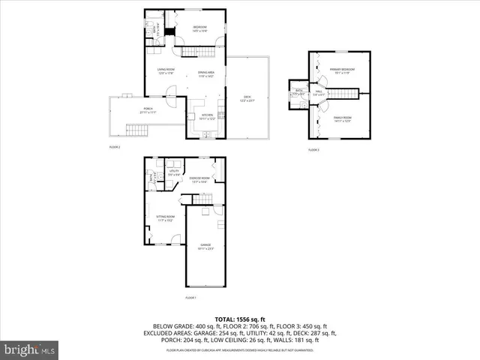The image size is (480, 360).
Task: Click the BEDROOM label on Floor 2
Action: pos(199,28)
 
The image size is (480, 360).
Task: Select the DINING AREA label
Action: pos(206,73)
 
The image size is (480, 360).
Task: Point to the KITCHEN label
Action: pos(208,116)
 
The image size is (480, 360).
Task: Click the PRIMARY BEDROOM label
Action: pos(341,70)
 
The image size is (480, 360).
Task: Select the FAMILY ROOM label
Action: pos(341,118)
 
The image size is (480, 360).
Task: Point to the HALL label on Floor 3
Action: pos(319,92)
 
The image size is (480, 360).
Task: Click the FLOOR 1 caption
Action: pos(190,298)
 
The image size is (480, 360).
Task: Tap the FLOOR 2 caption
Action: pos(115,147)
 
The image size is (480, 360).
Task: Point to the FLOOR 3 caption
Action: pos(313,150)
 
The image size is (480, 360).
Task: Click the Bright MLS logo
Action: pos(30,349)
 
